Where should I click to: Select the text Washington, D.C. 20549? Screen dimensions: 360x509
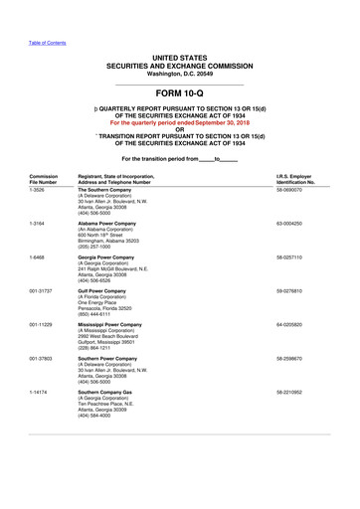179,75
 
